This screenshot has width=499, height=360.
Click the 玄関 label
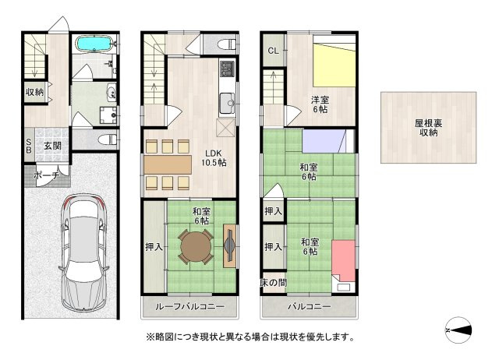[52, 145]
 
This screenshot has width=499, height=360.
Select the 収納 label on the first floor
[34, 93]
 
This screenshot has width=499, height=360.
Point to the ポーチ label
[45, 176]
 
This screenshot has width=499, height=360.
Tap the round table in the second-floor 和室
[195, 247]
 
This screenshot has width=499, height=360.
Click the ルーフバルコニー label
[189, 307]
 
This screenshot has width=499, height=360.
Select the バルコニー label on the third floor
[310, 307]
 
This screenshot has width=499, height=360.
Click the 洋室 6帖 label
[320, 105]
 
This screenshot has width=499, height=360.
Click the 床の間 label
[273, 281]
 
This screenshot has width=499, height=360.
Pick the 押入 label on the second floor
[153, 247]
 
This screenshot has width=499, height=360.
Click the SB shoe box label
[29, 146]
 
